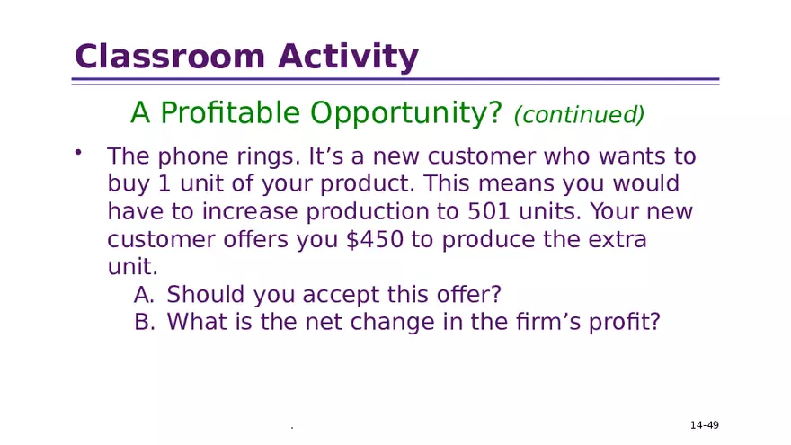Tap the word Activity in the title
348,57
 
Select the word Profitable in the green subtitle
228,113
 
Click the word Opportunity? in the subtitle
406,113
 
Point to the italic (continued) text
579,115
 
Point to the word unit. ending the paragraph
132,268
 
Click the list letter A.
144,295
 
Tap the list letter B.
144,322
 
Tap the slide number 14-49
704,425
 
